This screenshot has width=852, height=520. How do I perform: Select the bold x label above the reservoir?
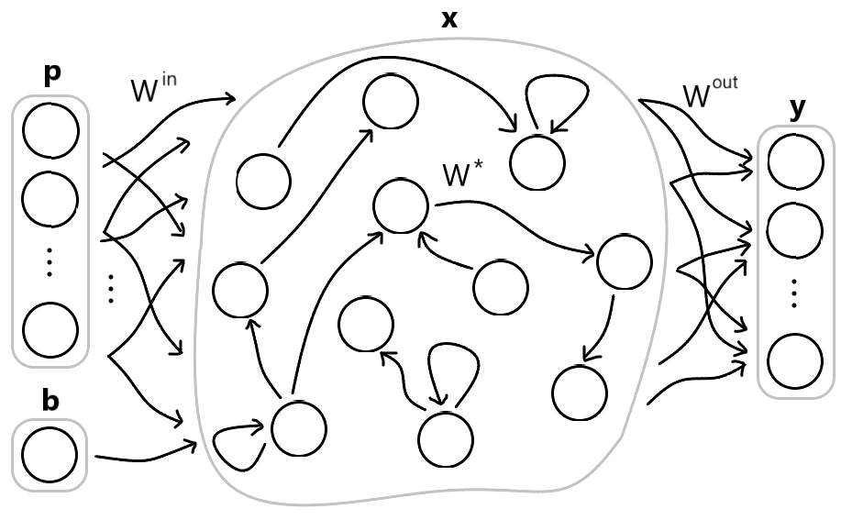(449, 18)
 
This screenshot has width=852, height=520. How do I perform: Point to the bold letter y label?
(798, 109)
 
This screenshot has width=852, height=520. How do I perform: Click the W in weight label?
(155, 93)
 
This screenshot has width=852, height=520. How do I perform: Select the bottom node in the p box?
(50, 330)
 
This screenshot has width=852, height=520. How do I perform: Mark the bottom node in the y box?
(795, 362)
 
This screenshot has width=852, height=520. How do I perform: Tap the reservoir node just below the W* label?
(401, 205)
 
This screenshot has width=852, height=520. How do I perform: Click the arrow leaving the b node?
(147, 451)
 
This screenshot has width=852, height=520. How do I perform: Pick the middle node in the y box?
(795, 231)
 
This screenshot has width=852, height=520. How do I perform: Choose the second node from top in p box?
(50, 200)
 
